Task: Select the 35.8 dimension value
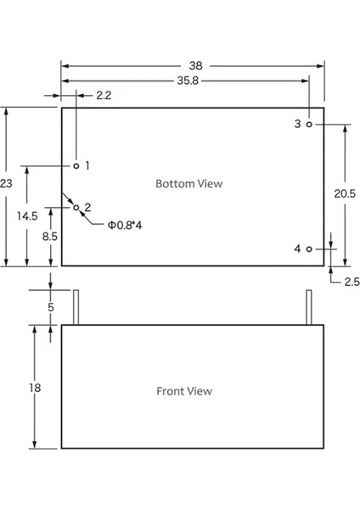pyautogui.click(x=188, y=81)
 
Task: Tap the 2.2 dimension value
pyautogui.click(x=104, y=96)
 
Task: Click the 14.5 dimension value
pyautogui.click(x=27, y=215)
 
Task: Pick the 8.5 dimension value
pyautogui.click(x=50, y=237)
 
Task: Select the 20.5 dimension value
pyautogui.click(x=345, y=194)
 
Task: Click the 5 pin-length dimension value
pyautogui.click(x=50, y=307)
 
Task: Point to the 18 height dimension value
pyautogui.click(x=35, y=388)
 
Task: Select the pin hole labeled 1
pyautogui.click(x=76, y=165)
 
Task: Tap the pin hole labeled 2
pyautogui.click(x=76, y=206)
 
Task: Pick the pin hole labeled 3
pyautogui.click(x=310, y=124)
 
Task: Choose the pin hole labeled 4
pyautogui.click(x=310, y=249)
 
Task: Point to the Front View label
pyautogui.click(x=184, y=391)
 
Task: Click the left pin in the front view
pyautogui.click(x=76, y=308)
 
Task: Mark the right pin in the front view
pyautogui.click(x=308, y=308)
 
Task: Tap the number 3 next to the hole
pyautogui.click(x=297, y=124)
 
